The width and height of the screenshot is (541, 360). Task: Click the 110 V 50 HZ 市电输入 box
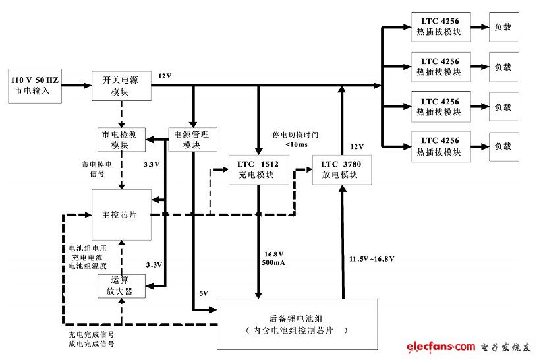pos(34,86)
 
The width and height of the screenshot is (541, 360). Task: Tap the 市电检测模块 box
pos(119,139)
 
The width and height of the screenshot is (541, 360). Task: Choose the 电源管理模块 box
pos(191,139)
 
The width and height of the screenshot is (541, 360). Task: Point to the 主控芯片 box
pos(121,214)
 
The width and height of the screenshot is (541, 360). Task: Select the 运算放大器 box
pos(120,285)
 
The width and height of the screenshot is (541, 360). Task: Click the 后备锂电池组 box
pos(297,324)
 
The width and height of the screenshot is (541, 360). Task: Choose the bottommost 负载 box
pos(503,146)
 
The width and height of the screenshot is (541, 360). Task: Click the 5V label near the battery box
pos(203,293)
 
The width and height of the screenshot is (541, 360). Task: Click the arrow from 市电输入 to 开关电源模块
pos(76,86)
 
